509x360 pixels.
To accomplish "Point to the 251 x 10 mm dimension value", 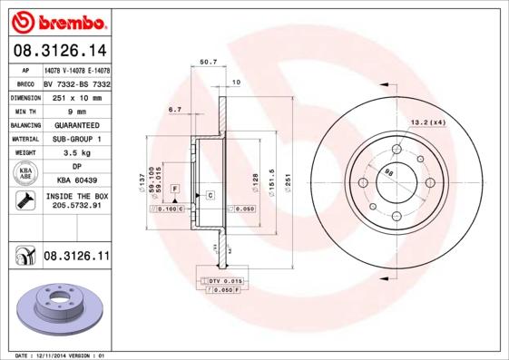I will pos(76,97).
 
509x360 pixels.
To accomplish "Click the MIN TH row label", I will pos(25,111).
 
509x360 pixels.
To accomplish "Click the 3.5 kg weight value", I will pos(76,153).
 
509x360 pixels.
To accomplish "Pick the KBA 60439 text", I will pos(76,181).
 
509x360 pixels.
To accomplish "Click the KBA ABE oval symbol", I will pos(25,174).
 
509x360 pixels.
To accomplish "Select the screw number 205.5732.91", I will pos(76,206).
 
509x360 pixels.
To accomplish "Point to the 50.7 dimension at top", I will pos(208,62).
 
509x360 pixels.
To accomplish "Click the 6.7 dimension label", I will pos(175,110).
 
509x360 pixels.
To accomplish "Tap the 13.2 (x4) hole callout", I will pos(429,122).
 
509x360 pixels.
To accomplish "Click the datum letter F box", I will pos(174,188).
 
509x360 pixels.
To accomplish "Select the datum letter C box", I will pos(210,195).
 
